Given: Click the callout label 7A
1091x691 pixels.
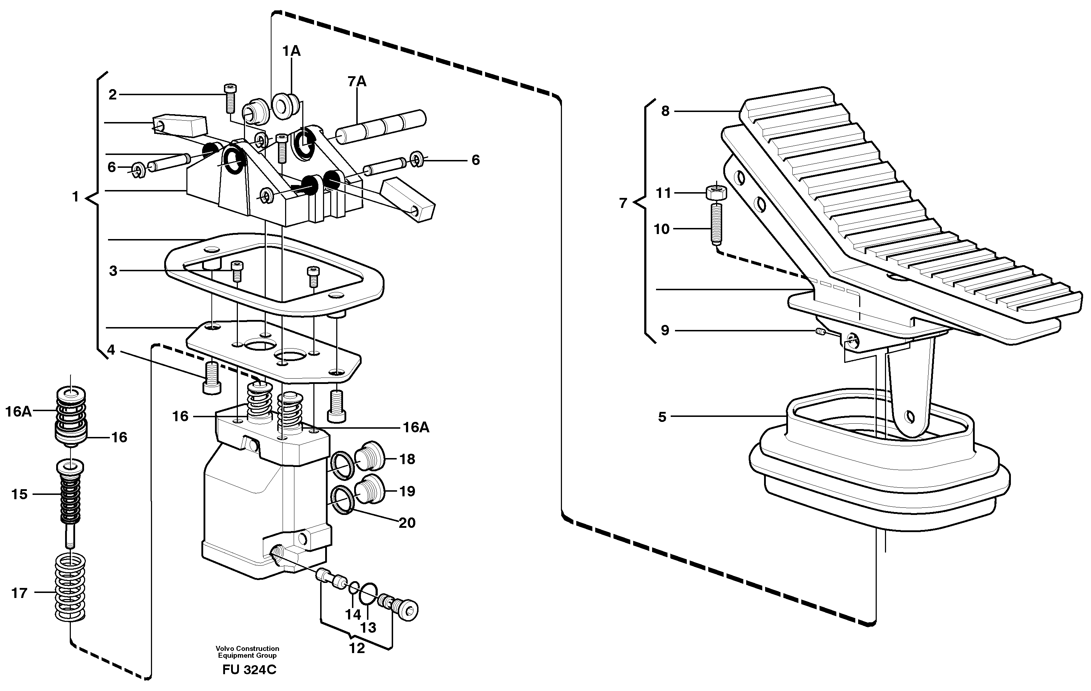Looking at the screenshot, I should [x=357, y=82].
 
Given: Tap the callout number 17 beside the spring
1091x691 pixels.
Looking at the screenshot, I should [x=19, y=593].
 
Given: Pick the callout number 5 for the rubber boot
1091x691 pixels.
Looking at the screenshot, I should [x=662, y=417].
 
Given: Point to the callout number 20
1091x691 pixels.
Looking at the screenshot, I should [x=406, y=523].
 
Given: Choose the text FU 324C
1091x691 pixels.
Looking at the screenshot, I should [x=249, y=670].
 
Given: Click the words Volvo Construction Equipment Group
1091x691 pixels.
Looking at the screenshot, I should [x=248, y=652].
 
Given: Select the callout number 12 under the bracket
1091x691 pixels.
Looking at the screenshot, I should [x=357, y=648].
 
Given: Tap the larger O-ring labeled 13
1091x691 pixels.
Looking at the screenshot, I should [x=368, y=594].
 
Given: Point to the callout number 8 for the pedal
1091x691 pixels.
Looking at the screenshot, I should [x=665, y=111].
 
